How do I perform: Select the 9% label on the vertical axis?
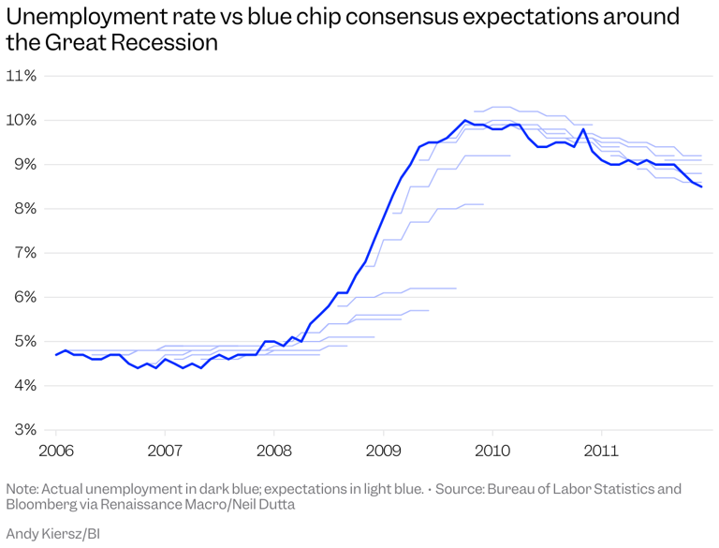pyautogui.click(x=21, y=164)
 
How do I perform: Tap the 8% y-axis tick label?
pyautogui.click(x=21, y=208)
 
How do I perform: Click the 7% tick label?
pyautogui.click(x=21, y=253)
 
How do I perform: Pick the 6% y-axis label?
pyautogui.click(x=21, y=297)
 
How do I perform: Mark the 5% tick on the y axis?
pyautogui.click(x=21, y=341)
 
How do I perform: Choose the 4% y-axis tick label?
pyautogui.click(x=21, y=385)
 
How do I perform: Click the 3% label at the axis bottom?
pyautogui.click(x=21, y=429)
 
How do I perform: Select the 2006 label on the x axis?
pyautogui.click(x=56, y=451)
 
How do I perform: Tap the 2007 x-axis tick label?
pyautogui.click(x=165, y=451)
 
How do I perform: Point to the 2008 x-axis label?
pyautogui.click(x=274, y=451)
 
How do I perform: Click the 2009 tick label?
pyautogui.click(x=383, y=451)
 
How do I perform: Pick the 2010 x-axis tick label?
pyautogui.click(x=492, y=451)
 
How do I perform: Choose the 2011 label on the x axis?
pyautogui.click(x=601, y=451)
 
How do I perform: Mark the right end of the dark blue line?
pyautogui.click(x=701, y=186)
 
